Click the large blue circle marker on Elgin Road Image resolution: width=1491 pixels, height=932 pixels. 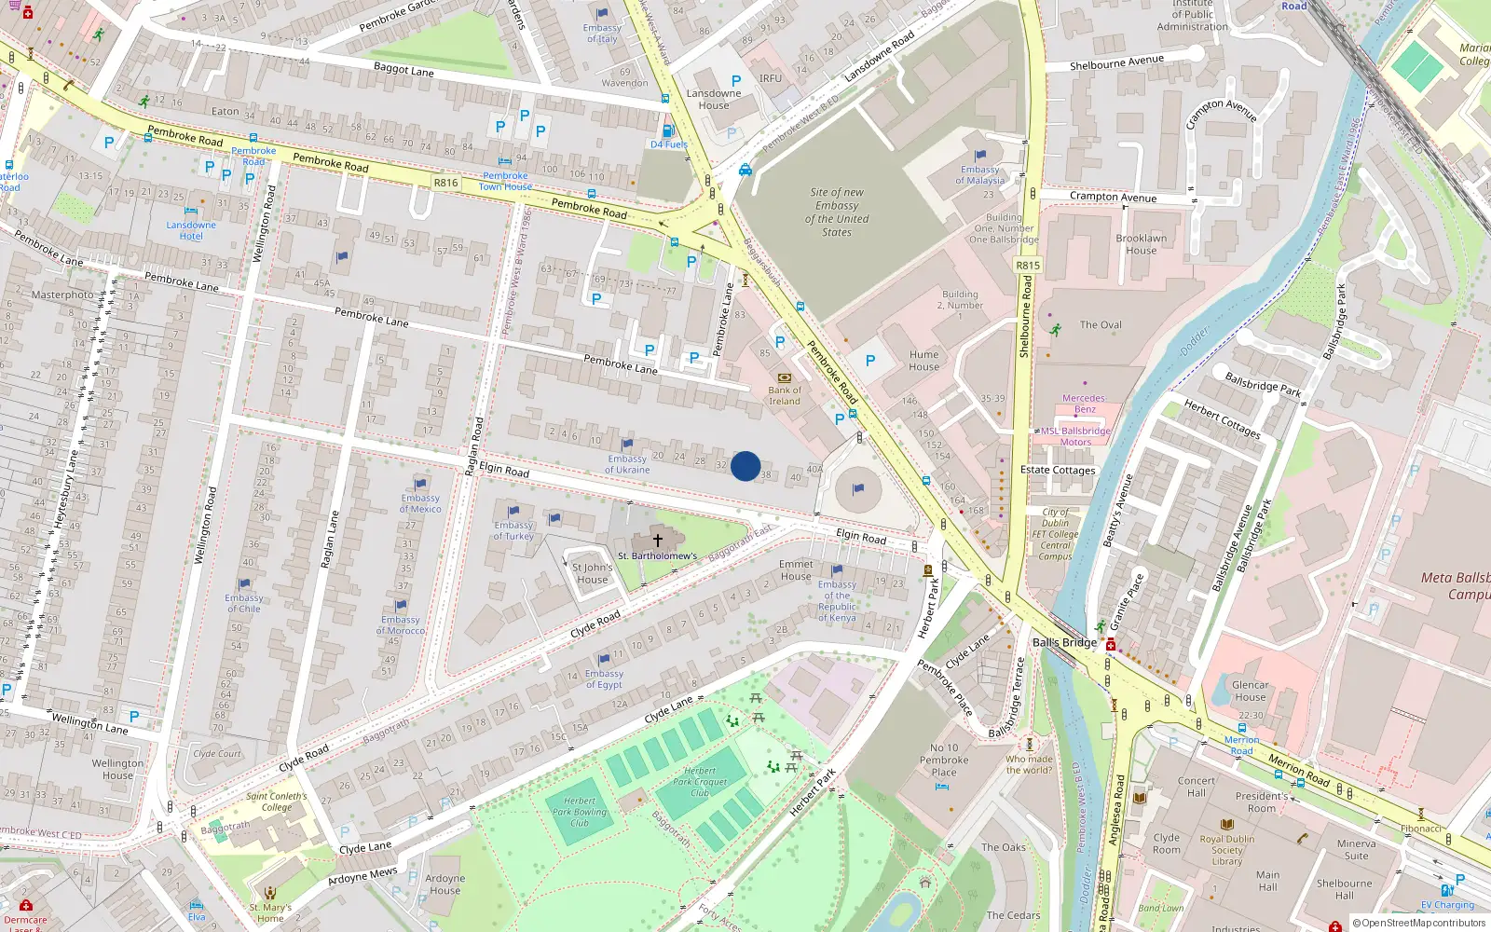745,466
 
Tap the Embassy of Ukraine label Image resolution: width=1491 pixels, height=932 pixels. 627,464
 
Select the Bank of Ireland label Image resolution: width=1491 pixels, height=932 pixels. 785,396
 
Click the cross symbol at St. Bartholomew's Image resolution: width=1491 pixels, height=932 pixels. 658,541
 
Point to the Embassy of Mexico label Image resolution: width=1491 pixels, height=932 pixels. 420,503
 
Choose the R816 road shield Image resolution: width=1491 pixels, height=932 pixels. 446,183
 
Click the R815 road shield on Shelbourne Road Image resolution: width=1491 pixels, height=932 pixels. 1028,266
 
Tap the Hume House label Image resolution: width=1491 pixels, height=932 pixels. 924,361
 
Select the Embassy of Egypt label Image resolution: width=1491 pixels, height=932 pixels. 604,679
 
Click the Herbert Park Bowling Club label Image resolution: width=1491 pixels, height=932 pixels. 580,812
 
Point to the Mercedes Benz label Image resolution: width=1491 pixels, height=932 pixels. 1085,404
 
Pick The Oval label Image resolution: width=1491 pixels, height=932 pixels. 1101,325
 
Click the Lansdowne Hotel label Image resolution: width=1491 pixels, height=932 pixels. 191,230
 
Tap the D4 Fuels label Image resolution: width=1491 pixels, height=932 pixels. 669,144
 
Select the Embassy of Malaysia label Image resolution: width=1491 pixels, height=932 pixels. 980,175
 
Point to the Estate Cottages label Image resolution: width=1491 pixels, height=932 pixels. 1058,470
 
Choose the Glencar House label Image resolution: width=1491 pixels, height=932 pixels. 1250,691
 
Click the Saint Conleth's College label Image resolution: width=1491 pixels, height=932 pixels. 277,802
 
